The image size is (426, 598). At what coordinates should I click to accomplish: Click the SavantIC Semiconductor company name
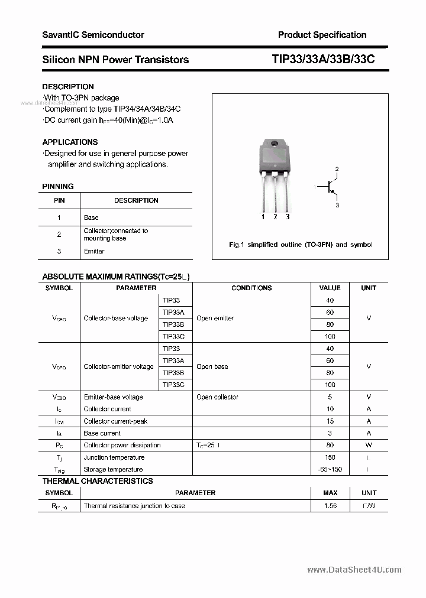click(93, 35)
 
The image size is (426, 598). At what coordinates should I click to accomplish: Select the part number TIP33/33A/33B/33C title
click(323, 59)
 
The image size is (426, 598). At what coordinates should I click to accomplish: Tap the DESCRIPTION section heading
click(68, 87)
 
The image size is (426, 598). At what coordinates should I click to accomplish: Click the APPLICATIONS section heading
click(70, 142)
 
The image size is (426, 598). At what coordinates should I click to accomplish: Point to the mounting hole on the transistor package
click(275, 144)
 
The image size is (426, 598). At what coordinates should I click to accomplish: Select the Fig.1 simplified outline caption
click(301, 245)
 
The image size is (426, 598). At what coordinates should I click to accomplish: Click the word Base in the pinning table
click(91, 217)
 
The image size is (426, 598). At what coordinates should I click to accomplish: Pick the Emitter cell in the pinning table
click(94, 251)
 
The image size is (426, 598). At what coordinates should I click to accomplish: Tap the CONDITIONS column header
click(251, 288)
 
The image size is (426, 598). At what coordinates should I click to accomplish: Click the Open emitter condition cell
click(215, 318)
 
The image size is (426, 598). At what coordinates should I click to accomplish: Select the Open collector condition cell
click(217, 397)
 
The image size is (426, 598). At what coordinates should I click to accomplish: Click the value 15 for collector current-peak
click(330, 421)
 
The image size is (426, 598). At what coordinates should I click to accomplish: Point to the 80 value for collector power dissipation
click(330, 445)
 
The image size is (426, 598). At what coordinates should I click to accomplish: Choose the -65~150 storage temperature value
click(330, 469)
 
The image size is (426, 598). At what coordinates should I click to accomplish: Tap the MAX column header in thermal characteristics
click(330, 492)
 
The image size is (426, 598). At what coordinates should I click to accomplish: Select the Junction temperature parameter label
click(114, 457)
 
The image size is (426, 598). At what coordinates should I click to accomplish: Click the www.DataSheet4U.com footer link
click(354, 570)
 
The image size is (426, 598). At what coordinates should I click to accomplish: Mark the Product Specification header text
click(322, 35)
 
